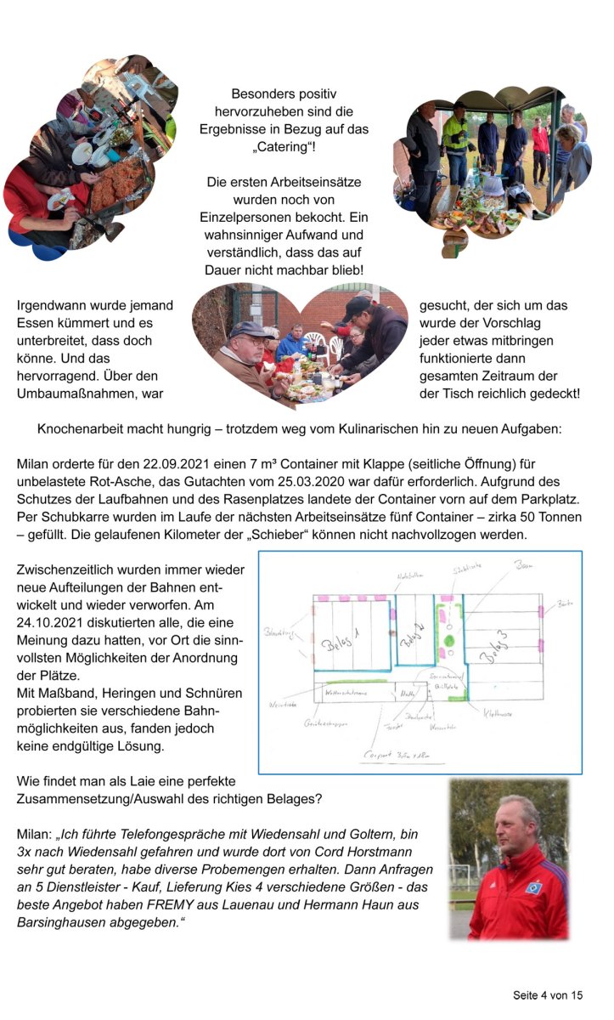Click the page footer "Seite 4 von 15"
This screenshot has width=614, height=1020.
548,994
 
